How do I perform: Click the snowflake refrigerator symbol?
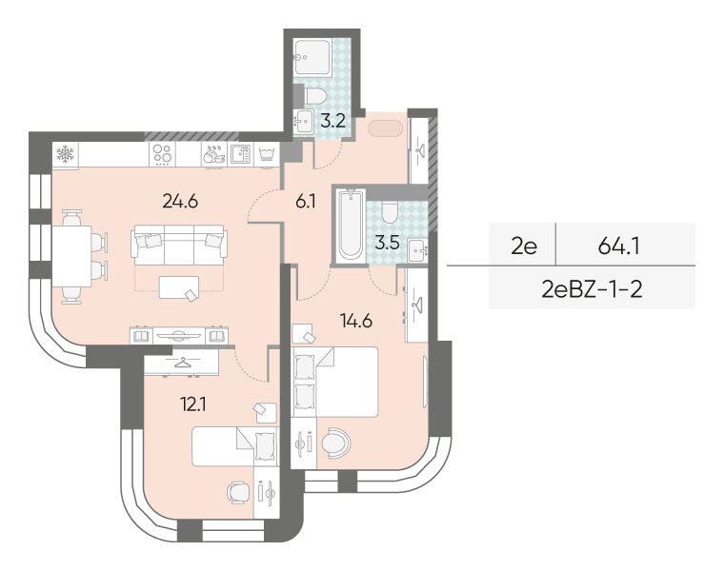(x=65, y=153)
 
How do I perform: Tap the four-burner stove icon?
(x=163, y=153)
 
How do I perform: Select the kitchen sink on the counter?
(x=241, y=154)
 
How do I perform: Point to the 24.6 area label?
(x=180, y=201)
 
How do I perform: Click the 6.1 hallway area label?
(x=306, y=202)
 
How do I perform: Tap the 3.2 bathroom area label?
(x=332, y=121)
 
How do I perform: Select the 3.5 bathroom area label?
(x=387, y=242)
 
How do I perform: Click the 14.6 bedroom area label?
(x=356, y=320)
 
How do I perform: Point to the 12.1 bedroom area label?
(x=193, y=404)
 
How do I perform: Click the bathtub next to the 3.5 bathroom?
(x=351, y=225)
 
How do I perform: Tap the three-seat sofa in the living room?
(x=179, y=245)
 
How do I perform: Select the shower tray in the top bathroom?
(x=312, y=57)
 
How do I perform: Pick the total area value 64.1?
(x=618, y=246)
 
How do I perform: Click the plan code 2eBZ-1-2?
(x=592, y=289)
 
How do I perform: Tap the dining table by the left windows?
(x=71, y=256)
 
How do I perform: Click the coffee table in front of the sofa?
(x=179, y=287)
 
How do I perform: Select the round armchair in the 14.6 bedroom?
(x=335, y=443)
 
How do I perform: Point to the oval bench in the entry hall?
(x=386, y=128)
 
